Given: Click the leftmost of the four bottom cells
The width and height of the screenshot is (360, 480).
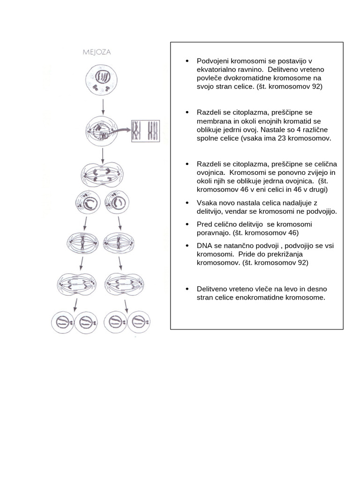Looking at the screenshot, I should click(63, 322).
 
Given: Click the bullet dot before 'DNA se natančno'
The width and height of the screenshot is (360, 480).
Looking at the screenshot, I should click(187, 246).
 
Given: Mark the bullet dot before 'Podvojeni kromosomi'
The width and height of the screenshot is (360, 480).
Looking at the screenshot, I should click(187, 61).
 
